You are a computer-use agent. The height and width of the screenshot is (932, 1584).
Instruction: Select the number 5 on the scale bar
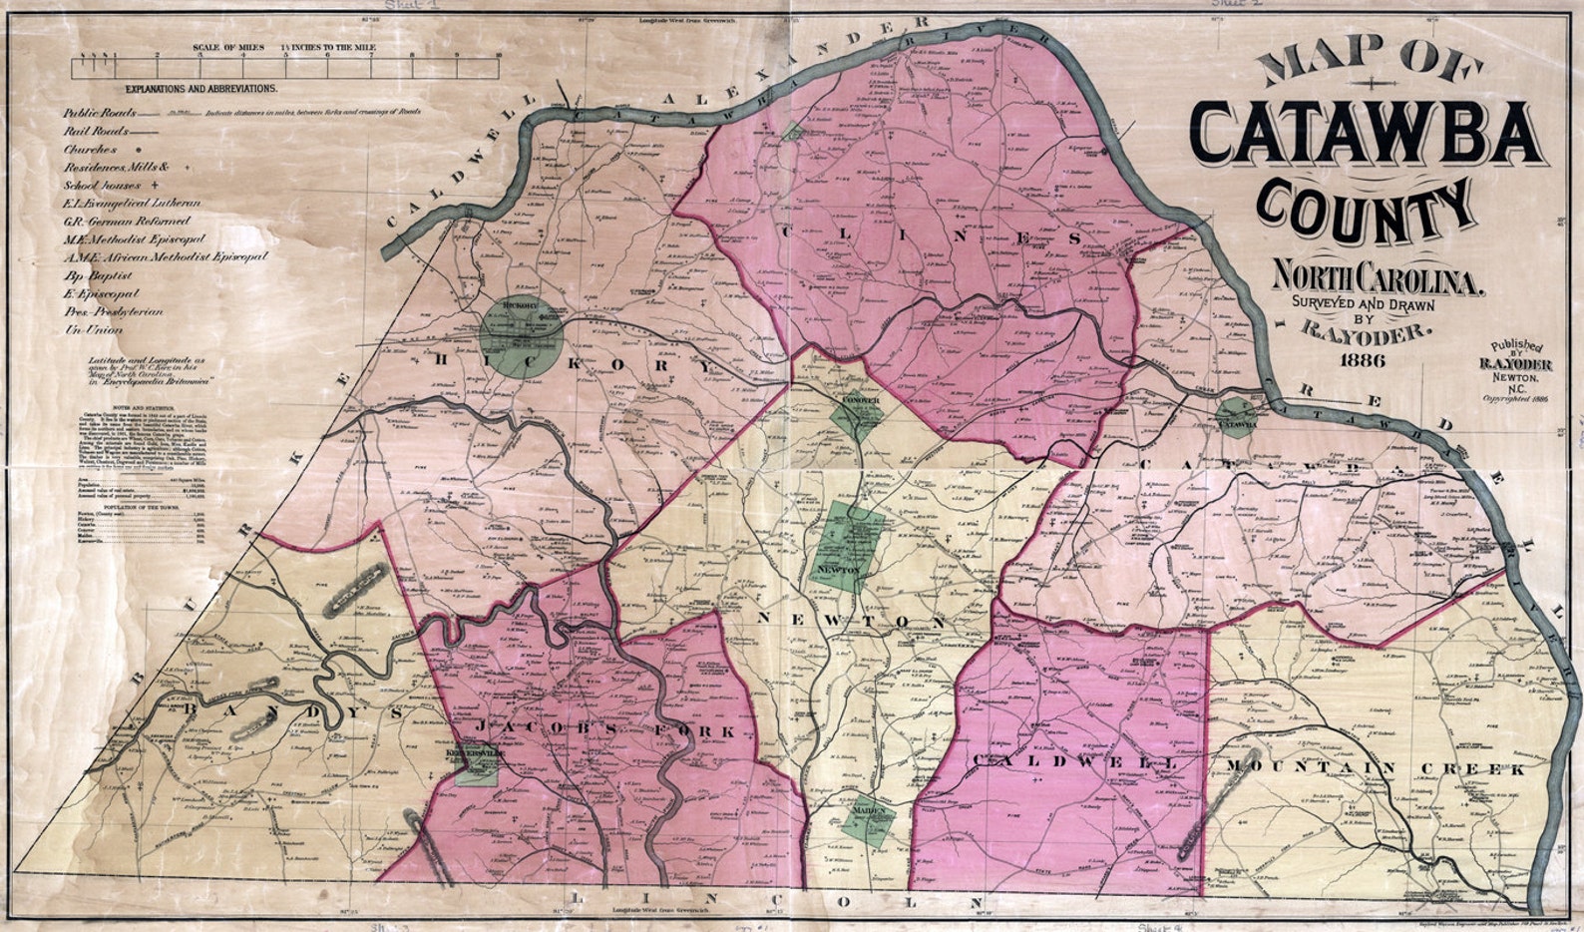point(285,56)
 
